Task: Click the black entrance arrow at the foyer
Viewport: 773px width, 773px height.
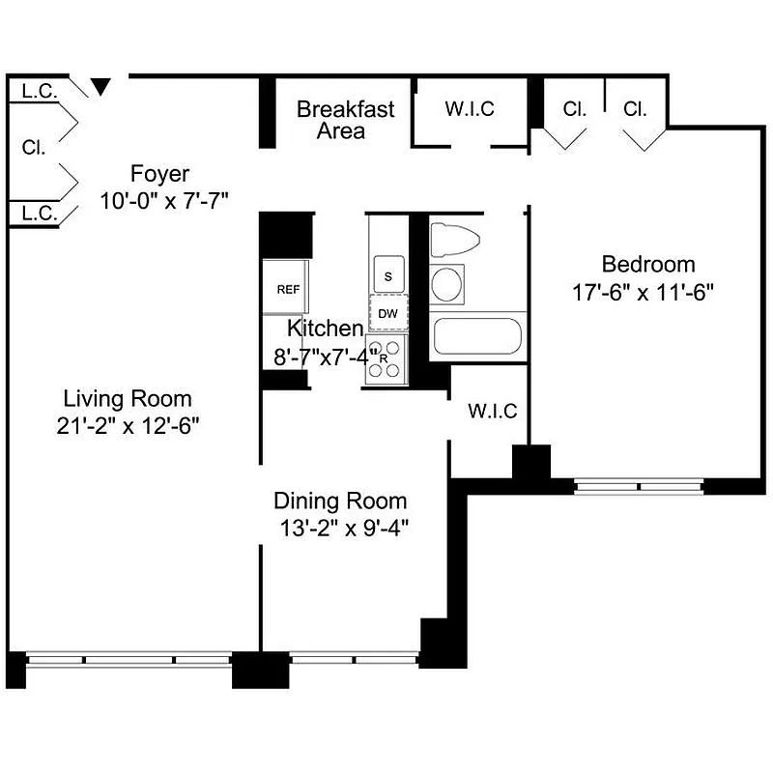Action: (100, 88)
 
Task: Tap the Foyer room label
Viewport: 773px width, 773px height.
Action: (159, 175)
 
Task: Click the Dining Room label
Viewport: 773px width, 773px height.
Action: (340, 501)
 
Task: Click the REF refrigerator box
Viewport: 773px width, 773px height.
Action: (288, 289)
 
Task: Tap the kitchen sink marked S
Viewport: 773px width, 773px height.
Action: (388, 276)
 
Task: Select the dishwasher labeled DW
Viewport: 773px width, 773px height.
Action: (388, 313)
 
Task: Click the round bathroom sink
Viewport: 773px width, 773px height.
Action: (446, 284)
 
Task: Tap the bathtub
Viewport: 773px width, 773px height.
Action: (477, 336)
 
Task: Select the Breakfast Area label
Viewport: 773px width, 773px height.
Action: (345, 120)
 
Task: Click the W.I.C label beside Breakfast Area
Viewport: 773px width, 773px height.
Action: (470, 109)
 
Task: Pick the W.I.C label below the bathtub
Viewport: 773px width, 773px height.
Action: (493, 412)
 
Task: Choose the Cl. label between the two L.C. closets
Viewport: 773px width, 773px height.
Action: (35, 149)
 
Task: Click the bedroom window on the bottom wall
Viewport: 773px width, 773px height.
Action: (640, 486)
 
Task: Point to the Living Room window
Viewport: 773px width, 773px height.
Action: (129, 661)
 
